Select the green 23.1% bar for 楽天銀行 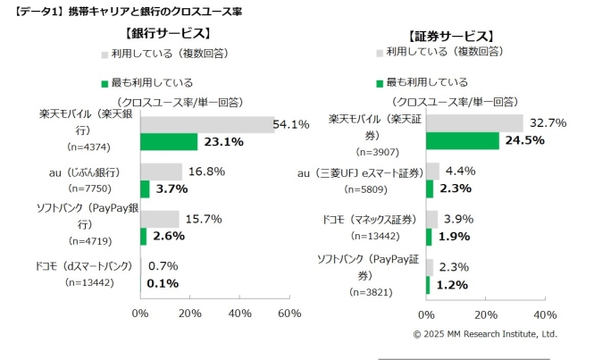point(169,141)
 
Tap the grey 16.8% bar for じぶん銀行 point(161,172)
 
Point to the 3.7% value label point(169,188)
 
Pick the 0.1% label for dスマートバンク point(162,283)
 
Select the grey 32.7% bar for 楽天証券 point(474,123)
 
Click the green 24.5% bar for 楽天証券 point(463,140)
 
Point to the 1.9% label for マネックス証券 point(454,236)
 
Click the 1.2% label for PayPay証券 point(451,284)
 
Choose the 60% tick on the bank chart point(289,314)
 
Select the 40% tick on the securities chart point(545,314)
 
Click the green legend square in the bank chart point(105,82)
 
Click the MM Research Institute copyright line point(484,333)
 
